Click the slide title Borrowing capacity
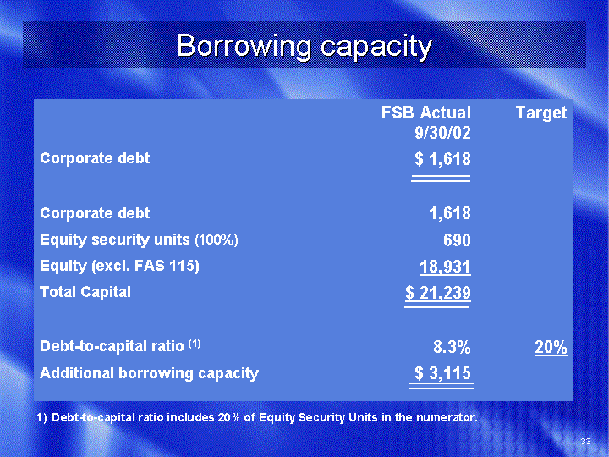(304, 47)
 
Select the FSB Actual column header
(425, 113)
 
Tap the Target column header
(541, 113)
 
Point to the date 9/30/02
(442, 133)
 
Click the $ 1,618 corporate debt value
(442, 159)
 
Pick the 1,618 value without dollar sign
(450, 213)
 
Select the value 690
(457, 240)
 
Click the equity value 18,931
(445, 267)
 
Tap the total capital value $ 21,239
(438, 293)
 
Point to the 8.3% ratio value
(452, 347)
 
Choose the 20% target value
(551, 347)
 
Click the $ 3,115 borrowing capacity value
(442, 373)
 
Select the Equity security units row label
(115, 240)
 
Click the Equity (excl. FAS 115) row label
(119, 267)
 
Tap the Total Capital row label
(85, 292)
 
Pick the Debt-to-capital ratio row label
(112, 345)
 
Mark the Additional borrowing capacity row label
(149, 373)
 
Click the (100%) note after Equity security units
(217, 240)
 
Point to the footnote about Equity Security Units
(257, 417)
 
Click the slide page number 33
(585, 441)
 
